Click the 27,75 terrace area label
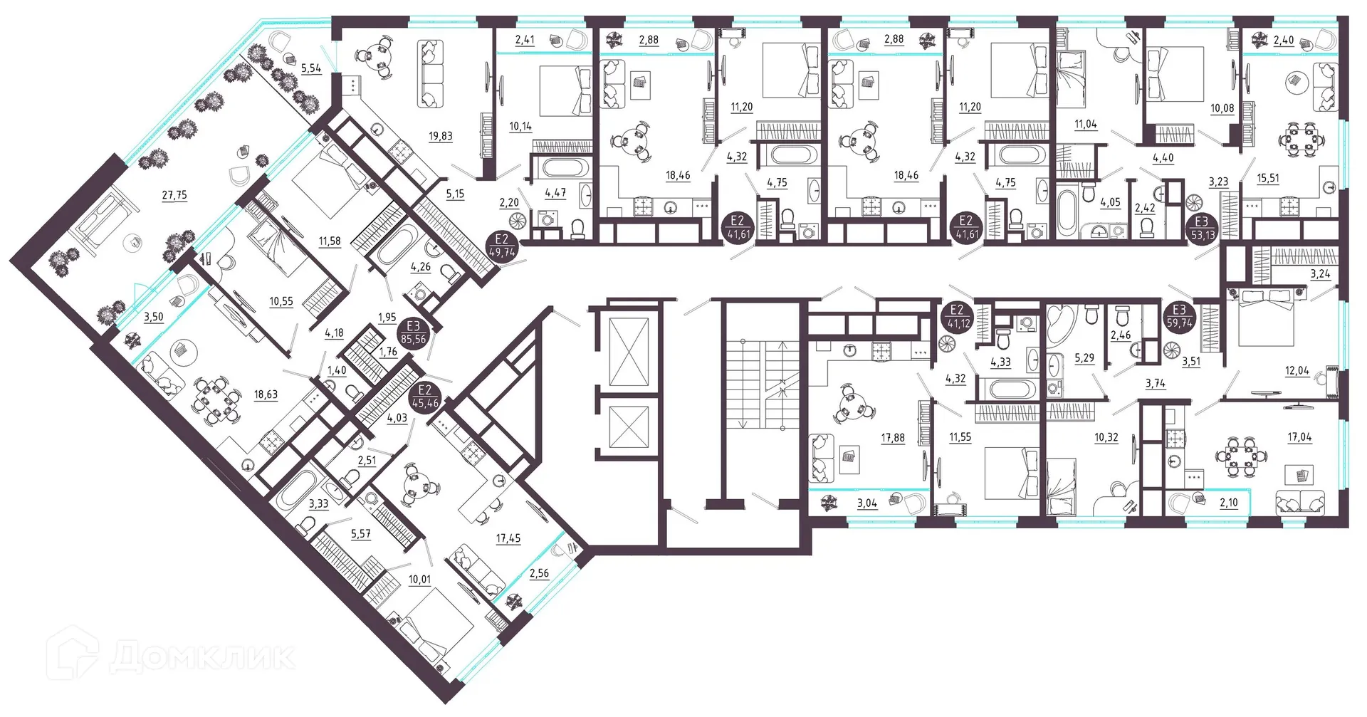click(x=174, y=195)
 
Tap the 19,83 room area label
click(x=441, y=136)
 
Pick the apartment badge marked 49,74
click(x=502, y=246)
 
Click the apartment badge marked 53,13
click(x=1202, y=228)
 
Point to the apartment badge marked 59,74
click(x=1180, y=316)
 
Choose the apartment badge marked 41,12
click(x=956, y=316)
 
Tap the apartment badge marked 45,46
click(x=425, y=397)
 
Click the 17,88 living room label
click(x=893, y=438)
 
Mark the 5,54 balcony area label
click(x=311, y=68)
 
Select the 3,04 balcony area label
click(x=867, y=503)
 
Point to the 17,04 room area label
click(x=1299, y=438)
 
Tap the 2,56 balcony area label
click(x=539, y=573)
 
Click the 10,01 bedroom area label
click(x=419, y=580)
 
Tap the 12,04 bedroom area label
click(x=1297, y=371)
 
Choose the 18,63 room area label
click(x=266, y=394)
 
